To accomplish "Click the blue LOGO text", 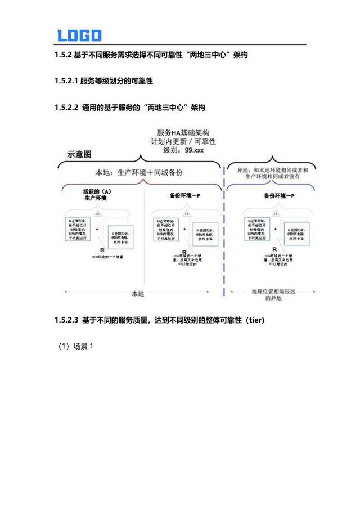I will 79,35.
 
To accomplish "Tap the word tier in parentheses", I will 251,320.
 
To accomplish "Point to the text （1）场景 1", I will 75,346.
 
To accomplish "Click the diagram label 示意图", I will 79,154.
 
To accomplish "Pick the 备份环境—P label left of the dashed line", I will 185,196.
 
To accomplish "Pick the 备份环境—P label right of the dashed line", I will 279,196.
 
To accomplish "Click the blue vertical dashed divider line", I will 225,236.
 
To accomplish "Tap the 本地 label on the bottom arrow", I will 138,293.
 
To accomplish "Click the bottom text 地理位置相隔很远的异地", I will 271,295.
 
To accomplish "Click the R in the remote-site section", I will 274,249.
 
